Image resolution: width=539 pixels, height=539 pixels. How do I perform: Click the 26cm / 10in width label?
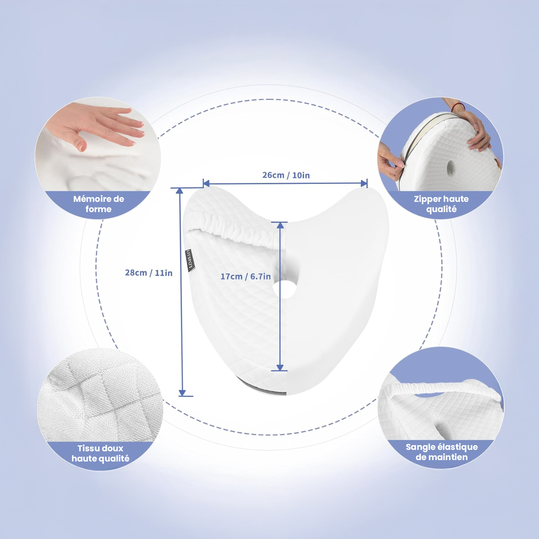(x=286, y=175)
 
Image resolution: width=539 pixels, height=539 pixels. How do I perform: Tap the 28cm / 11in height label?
(x=149, y=273)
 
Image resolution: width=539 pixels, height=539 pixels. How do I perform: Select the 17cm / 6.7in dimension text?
(x=246, y=277)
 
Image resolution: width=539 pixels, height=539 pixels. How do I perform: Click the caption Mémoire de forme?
(x=99, y=204)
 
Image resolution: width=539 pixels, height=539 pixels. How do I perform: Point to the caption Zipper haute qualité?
(x=441, y=204)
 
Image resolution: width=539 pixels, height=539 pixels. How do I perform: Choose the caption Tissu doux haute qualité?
(x=100, y=453)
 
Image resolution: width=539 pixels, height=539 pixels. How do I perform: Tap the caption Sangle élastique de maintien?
(x=442, y=452)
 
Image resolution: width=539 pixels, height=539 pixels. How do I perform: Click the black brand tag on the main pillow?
(x=190, y=259)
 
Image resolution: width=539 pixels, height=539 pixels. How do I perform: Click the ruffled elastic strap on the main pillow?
(x=236, y=224)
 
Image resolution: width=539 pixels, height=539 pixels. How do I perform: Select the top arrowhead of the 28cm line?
(x=179, y=191)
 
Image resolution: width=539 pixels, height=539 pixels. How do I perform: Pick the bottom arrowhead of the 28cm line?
(x=182, y=393)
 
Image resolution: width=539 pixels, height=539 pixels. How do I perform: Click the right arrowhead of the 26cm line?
(x=364, y=183)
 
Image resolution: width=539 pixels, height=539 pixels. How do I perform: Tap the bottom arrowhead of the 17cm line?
(x=280, y=367)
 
